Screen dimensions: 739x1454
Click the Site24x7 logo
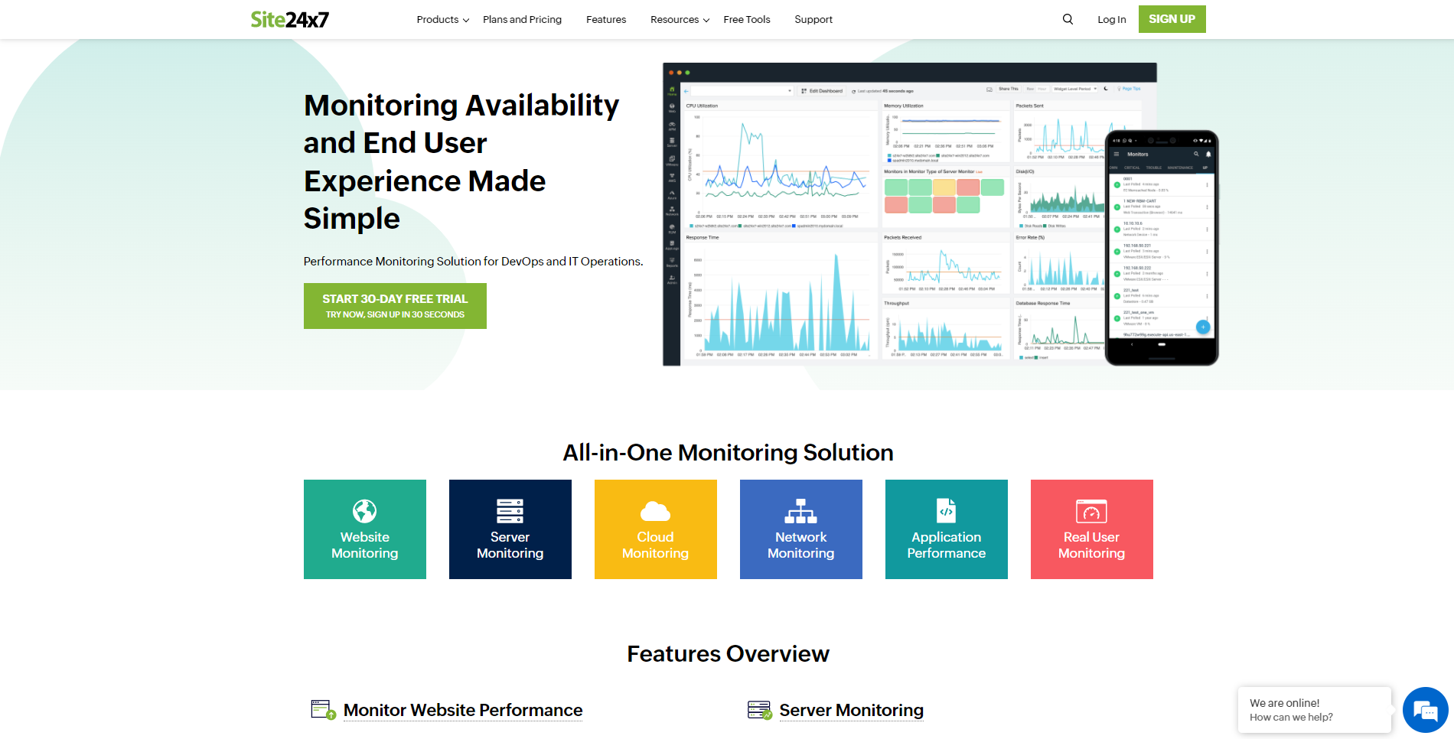click(289, 19)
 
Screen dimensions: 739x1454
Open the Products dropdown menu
click(442, 19)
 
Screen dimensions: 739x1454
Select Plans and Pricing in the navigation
click(522, 19)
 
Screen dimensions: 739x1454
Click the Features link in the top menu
click(606, 19)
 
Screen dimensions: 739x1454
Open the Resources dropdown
click(680, 19)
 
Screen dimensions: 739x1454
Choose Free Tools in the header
click(747, 19)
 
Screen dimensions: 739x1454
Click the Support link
click(813, 19)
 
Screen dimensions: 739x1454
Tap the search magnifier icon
click(1068, 19)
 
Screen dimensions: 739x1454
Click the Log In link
click(1111, 19)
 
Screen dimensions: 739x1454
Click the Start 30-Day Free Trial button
click(395, 306)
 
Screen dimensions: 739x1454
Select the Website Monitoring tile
click(365, 529)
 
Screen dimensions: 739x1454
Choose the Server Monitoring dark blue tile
click(510, 529)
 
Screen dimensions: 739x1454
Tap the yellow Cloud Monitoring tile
click(656, 529)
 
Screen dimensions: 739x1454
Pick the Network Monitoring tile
click(801, 529)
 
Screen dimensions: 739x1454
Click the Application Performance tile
click(947, 529)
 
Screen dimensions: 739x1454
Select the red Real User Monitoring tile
click(1092, 529)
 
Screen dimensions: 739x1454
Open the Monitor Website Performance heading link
click(463, 710)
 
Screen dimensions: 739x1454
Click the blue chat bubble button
click(1425, 710)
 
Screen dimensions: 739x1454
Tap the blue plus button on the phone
click(1203, 327)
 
